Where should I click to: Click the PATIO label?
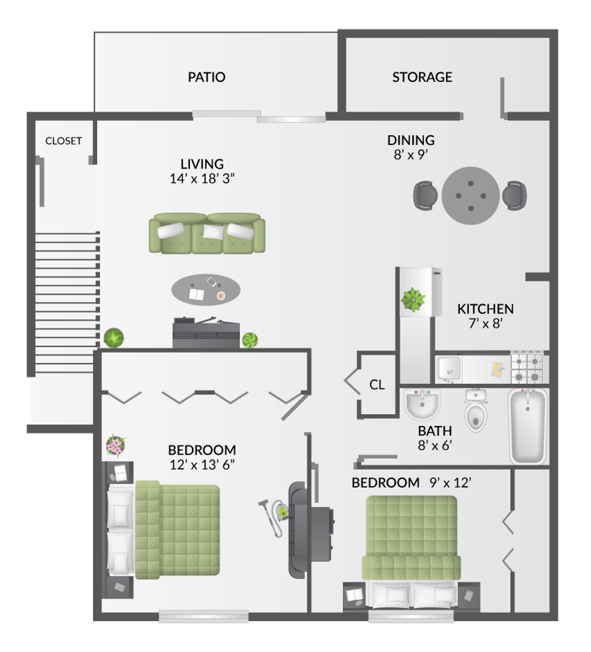tap(206, 77)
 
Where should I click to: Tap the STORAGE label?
tap(422, 77)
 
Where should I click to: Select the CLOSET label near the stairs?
tap(63, 141)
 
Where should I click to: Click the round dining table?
tap(470, 196)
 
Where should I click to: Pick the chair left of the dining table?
tap(426, 195)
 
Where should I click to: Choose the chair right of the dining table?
tap(515, 195)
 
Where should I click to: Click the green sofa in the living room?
tap(207, 233)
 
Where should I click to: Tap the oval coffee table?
tap(206, 290)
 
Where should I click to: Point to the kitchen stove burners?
tap(527, 367)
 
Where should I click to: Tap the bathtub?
tap(528, 426)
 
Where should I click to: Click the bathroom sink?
tap(422, 404)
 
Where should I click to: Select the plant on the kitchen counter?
tap(414, 298)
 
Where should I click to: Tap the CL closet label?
tap(377, 385)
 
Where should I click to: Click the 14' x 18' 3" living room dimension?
tap(202, 178)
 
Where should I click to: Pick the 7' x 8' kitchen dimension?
tap(485, 323)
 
